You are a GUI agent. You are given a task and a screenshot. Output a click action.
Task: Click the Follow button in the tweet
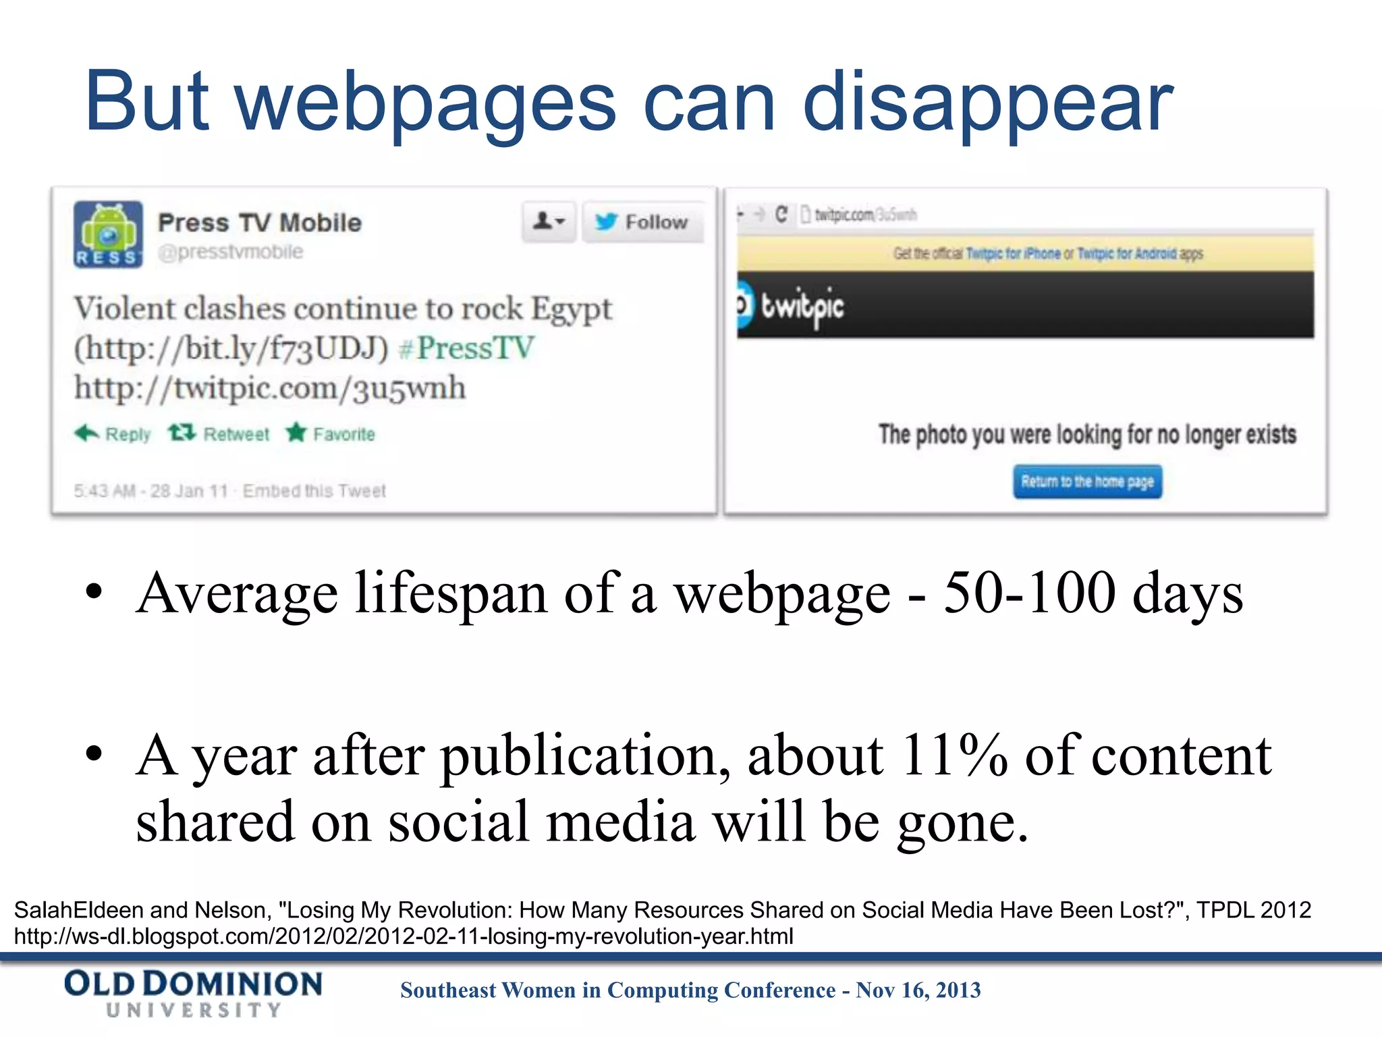click(642, 221)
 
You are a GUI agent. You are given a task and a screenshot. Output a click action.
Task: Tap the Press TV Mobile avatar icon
click(108, 234)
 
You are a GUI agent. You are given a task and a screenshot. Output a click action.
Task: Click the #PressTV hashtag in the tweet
click(467, 348)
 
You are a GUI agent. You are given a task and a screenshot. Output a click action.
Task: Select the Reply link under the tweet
click(113, 434)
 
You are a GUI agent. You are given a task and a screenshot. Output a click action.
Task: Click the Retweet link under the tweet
click(219, 434)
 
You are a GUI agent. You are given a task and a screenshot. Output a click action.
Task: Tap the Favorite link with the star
click(331, 434)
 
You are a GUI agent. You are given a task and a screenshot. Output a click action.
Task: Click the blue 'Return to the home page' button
click(1087, 482)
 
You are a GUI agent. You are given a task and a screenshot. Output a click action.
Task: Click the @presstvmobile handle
click(231, 252)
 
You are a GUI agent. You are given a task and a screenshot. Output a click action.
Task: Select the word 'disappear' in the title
click(988, 103)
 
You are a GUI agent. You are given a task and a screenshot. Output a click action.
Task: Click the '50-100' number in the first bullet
click(1028, 593)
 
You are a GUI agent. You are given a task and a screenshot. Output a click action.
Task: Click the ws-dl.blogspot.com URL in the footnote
click(404, 936)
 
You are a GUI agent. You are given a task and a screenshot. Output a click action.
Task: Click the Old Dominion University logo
click(194, 992)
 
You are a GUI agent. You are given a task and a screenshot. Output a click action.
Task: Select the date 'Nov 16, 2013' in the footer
click(918, 990)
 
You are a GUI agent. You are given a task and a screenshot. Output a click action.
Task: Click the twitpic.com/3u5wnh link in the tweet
click(270, 388)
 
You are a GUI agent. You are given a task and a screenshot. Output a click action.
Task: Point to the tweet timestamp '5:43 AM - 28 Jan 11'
click(151, 491)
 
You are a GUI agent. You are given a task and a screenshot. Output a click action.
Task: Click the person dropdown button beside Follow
click(549, 221)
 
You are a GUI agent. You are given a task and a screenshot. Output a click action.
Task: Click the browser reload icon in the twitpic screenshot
click(781, 215)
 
